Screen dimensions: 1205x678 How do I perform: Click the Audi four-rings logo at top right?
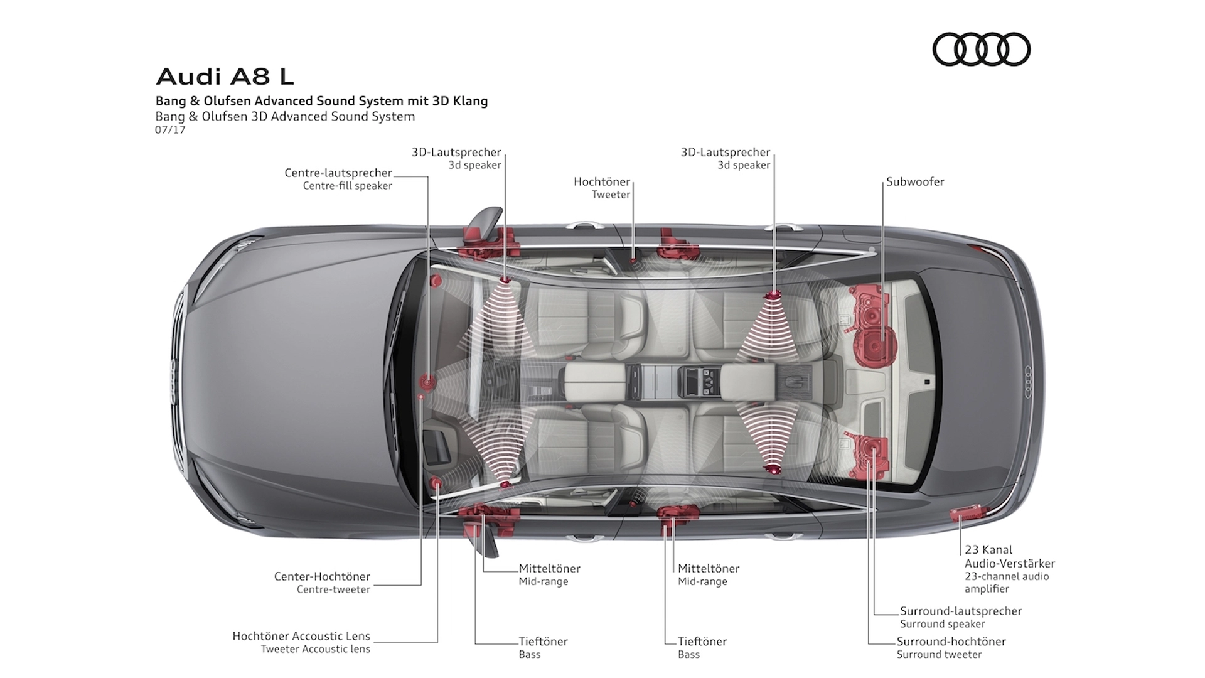(x=981, y=50)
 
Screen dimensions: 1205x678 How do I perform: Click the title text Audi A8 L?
(x=225, y=77)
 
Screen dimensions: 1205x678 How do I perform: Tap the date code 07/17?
(x=170, y=130)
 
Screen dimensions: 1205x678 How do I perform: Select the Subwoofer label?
(x=915, y=181)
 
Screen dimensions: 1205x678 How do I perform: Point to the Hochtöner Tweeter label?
(x=602, y=188)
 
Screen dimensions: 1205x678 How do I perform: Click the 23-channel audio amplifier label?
(x=1010, y=569)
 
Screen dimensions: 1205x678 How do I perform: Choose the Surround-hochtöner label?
(x=951, y=647)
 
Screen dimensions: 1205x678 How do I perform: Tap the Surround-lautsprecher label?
(x=961, y=617)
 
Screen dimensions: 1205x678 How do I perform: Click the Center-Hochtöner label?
(x=322, y=583)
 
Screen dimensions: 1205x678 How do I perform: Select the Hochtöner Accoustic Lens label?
(x=301, y=642)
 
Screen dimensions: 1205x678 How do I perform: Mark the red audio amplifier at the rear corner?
(x=965, y=513)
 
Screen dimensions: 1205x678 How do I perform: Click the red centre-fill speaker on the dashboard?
(x=428, y=380)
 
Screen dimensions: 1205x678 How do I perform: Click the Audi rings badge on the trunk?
(x=1028, y=382)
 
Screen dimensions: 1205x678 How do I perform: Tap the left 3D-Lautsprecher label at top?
(x=456, y=158)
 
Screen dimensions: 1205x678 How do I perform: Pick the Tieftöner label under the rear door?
(x=702, y=647)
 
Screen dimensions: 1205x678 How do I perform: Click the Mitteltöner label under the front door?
(x=549, y=574)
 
